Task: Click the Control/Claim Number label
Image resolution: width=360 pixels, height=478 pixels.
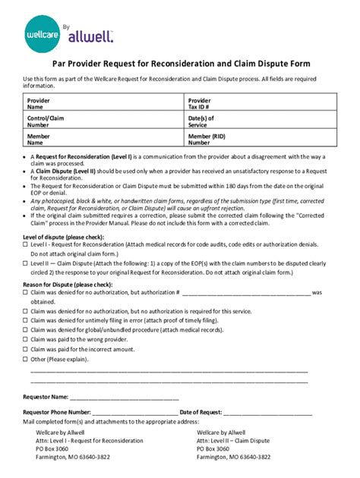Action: (44, 121)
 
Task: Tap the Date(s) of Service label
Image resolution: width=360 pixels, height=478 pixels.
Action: (201, 121)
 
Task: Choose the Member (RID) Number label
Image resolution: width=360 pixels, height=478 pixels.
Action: (210, 139)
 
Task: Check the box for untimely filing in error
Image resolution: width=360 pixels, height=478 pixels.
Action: (25, 321)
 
